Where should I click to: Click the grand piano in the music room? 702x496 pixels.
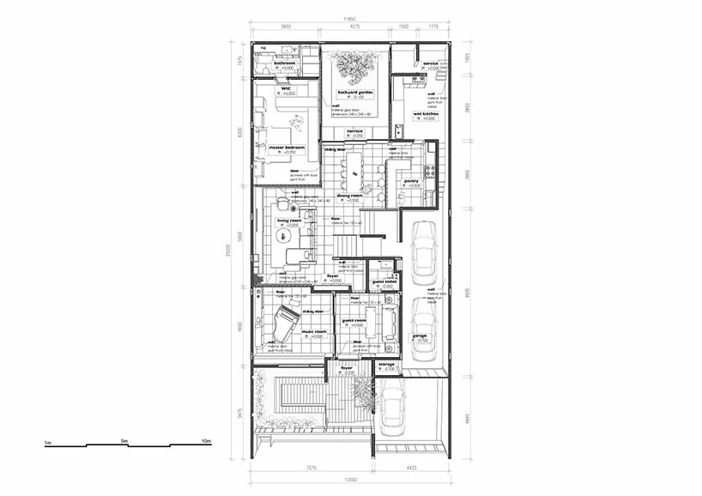[285, 324]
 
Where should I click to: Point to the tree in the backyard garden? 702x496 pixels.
[354, 64]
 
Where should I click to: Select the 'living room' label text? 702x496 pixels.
[289, 221]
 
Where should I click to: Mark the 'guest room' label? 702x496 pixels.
[354, 320]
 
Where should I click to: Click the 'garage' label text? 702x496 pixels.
[420, 336]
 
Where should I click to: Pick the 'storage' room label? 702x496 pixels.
[386, 365]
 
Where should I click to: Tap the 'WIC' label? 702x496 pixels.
[286, 88]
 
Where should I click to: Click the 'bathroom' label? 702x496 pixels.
[285, 63]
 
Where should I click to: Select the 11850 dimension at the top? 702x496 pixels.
[350, 18]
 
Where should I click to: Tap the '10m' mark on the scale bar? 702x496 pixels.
[206, 441]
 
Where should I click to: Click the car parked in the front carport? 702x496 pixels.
[392, 408]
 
